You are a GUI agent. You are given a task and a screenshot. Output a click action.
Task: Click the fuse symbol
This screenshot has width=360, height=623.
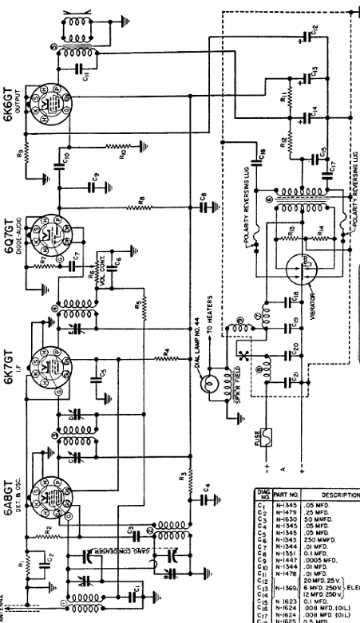tap(265, 437)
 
